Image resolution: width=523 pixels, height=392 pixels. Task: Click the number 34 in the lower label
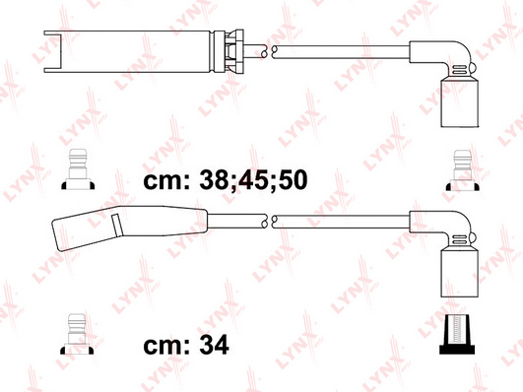[214, 345]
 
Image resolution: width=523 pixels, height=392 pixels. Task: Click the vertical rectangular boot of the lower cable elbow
[459, 273]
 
